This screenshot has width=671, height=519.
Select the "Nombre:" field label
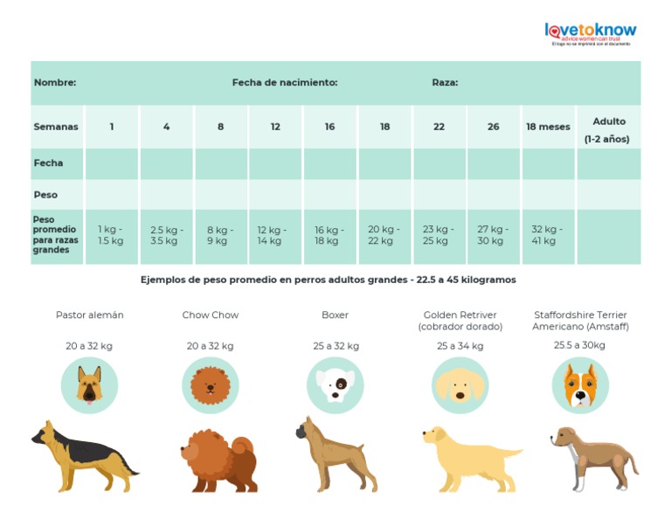[54, 83]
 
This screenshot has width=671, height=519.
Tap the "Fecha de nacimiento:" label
[285, 83]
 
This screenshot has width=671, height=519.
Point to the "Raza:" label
[445, 83]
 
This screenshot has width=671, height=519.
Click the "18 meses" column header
[548, 127]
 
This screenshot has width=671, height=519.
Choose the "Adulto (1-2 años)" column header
[608, 130]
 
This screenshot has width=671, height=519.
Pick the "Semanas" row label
[56, 127]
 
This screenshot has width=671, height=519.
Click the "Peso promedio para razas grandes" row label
[55, 235]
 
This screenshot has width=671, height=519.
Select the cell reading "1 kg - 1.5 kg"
[111, 235]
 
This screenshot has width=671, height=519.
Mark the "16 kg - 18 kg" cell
[329, 235]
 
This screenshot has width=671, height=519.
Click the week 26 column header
[494, 127]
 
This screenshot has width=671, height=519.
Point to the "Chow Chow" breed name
[210, 315]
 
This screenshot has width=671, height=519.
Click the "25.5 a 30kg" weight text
[579, 345]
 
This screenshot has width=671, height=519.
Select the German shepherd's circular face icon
[89, 384]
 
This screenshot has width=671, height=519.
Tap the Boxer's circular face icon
[335, 384]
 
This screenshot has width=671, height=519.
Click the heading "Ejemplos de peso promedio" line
[329, 280]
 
